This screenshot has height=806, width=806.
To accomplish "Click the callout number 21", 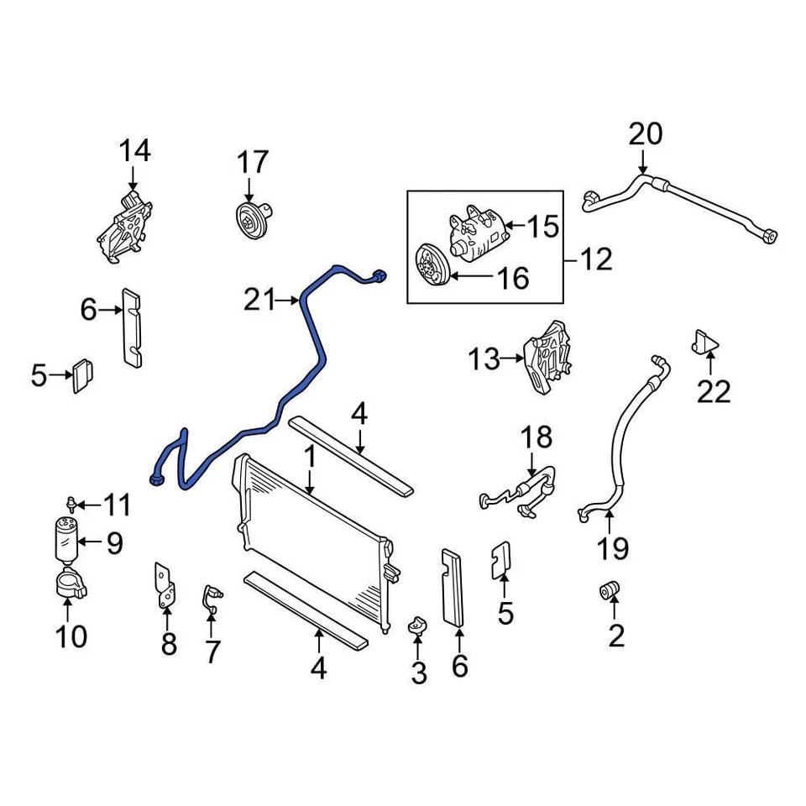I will [x=259, y=298].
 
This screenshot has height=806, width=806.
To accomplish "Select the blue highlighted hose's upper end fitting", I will [x=379, y=276].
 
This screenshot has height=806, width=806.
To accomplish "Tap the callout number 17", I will [x=251, y=161].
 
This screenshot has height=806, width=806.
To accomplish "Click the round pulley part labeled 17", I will [x=249, y=221].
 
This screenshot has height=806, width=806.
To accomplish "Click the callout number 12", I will [x=597, y=259].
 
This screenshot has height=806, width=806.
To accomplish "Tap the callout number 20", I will [x=645, y=134].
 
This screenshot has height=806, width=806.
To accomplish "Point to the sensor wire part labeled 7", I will [x=211, y=597].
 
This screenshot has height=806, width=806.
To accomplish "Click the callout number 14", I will [x=134, y=152].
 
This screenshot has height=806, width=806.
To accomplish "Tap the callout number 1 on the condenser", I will [x=309, y=458].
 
